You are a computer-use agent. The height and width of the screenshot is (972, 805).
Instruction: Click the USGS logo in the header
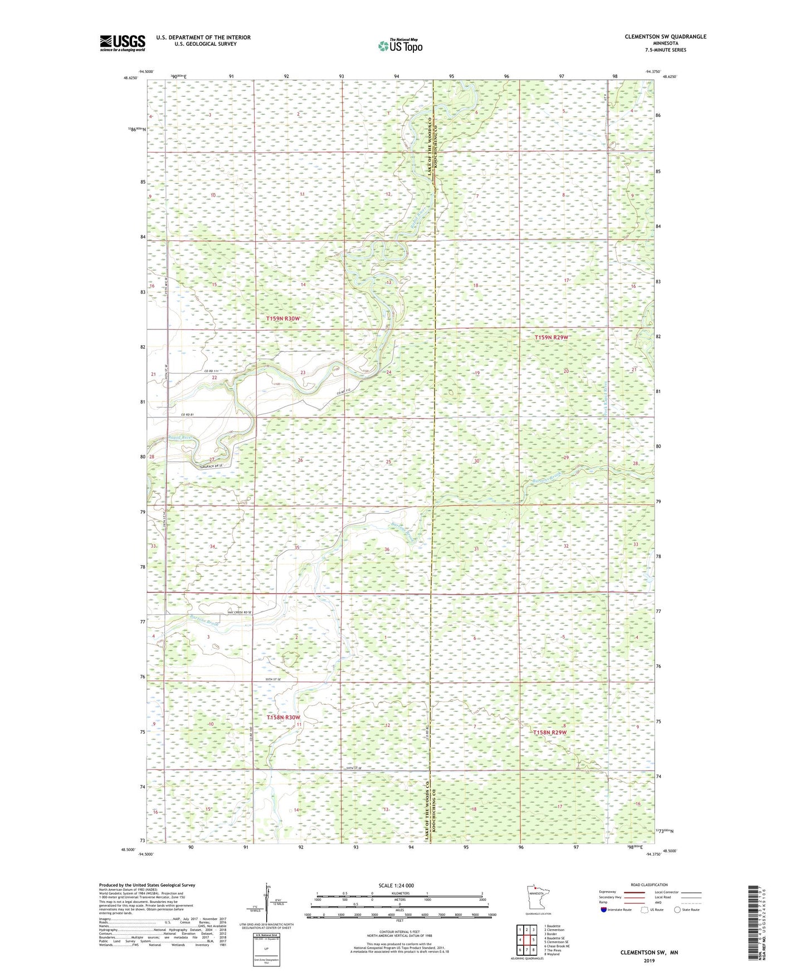pos(123,42)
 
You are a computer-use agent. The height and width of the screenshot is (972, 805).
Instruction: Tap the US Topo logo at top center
pos(399,46)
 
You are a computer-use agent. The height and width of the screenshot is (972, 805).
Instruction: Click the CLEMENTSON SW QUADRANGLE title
pos(665,37)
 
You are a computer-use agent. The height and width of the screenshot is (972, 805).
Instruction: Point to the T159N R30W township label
pos(283,318)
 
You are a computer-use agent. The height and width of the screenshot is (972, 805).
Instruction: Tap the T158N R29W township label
pos(550,733)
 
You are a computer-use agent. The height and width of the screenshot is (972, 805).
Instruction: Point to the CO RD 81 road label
pos(187,415)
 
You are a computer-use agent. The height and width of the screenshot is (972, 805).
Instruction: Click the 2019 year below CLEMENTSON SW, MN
pos(649,960)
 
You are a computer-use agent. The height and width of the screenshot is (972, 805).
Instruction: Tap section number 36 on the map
pos(387,549)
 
